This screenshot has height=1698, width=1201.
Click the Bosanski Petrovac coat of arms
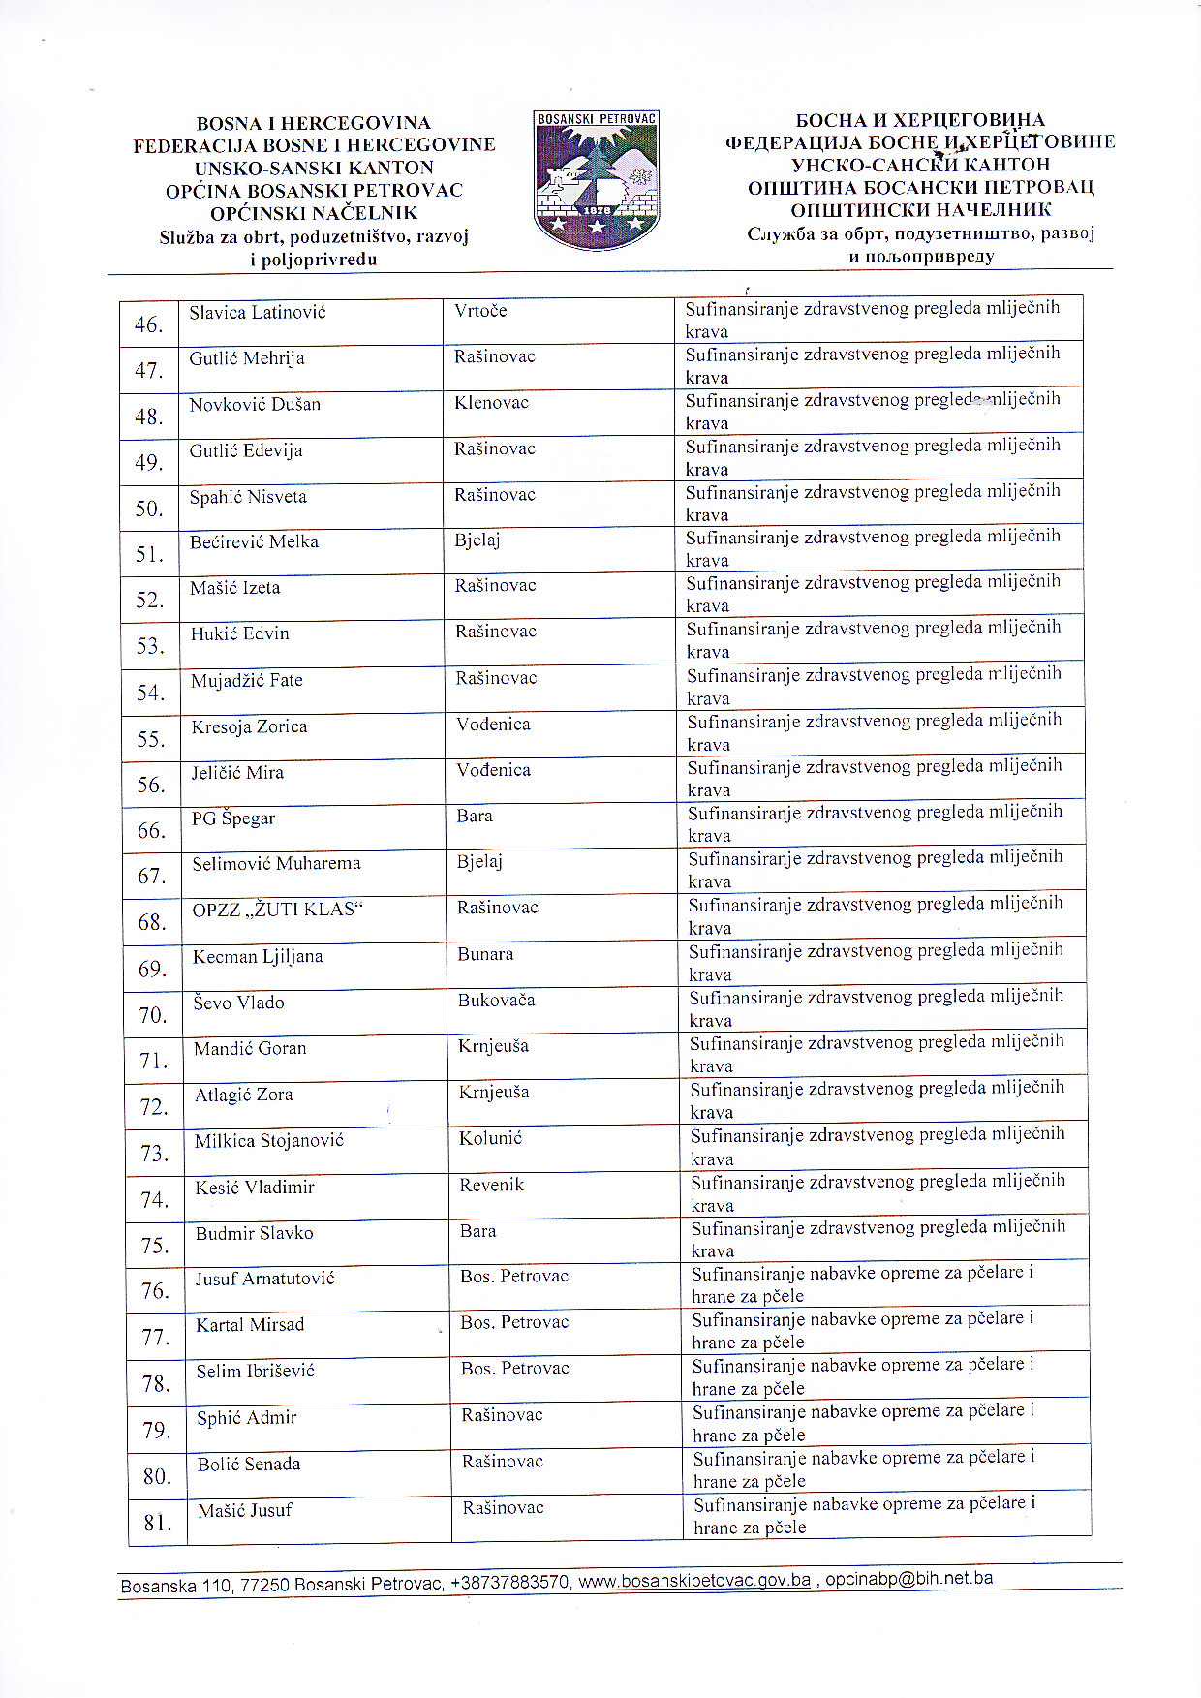[x=596, y=179]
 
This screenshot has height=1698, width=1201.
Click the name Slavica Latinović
[x=258, y=313]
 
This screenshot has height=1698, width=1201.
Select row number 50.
[x=149, y=509]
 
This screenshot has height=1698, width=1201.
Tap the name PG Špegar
[x=233, y=818]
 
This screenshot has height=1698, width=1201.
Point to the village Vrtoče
[x=480, y=311]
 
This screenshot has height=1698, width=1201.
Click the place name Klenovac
[x=491, y=403]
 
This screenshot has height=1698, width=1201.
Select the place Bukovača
[x=496, y=1001]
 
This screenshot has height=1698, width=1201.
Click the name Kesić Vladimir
[x=255, y=1188]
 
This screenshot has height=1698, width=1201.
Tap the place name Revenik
[x=492, y=1185]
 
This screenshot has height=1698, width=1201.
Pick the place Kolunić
[x=490, y=1138]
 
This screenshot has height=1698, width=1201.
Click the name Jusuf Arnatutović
[x=264, y=1279]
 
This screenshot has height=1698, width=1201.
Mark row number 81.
[x=158, y=1523]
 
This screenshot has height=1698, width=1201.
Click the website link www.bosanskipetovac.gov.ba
[x=694, y=1581]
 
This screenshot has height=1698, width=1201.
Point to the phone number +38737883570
[x=510, y=1584]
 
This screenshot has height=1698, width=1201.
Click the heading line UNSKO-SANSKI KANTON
[x=314, y=168]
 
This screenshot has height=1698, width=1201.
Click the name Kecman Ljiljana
[x=258, y=957]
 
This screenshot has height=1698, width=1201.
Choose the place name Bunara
[x=485, y=954]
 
